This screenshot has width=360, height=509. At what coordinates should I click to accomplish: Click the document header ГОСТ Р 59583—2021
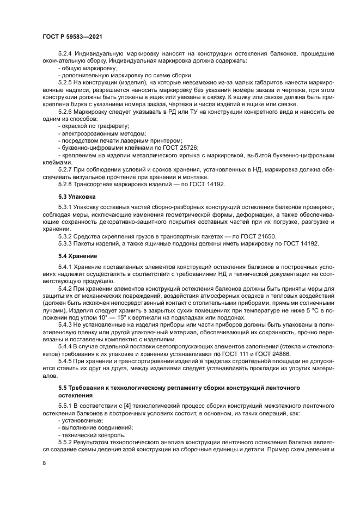(x=72, y=36)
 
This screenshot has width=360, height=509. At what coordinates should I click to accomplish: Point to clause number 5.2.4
(x=68, y=54)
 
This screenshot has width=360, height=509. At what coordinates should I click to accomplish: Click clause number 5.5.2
(x=68, y=443)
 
